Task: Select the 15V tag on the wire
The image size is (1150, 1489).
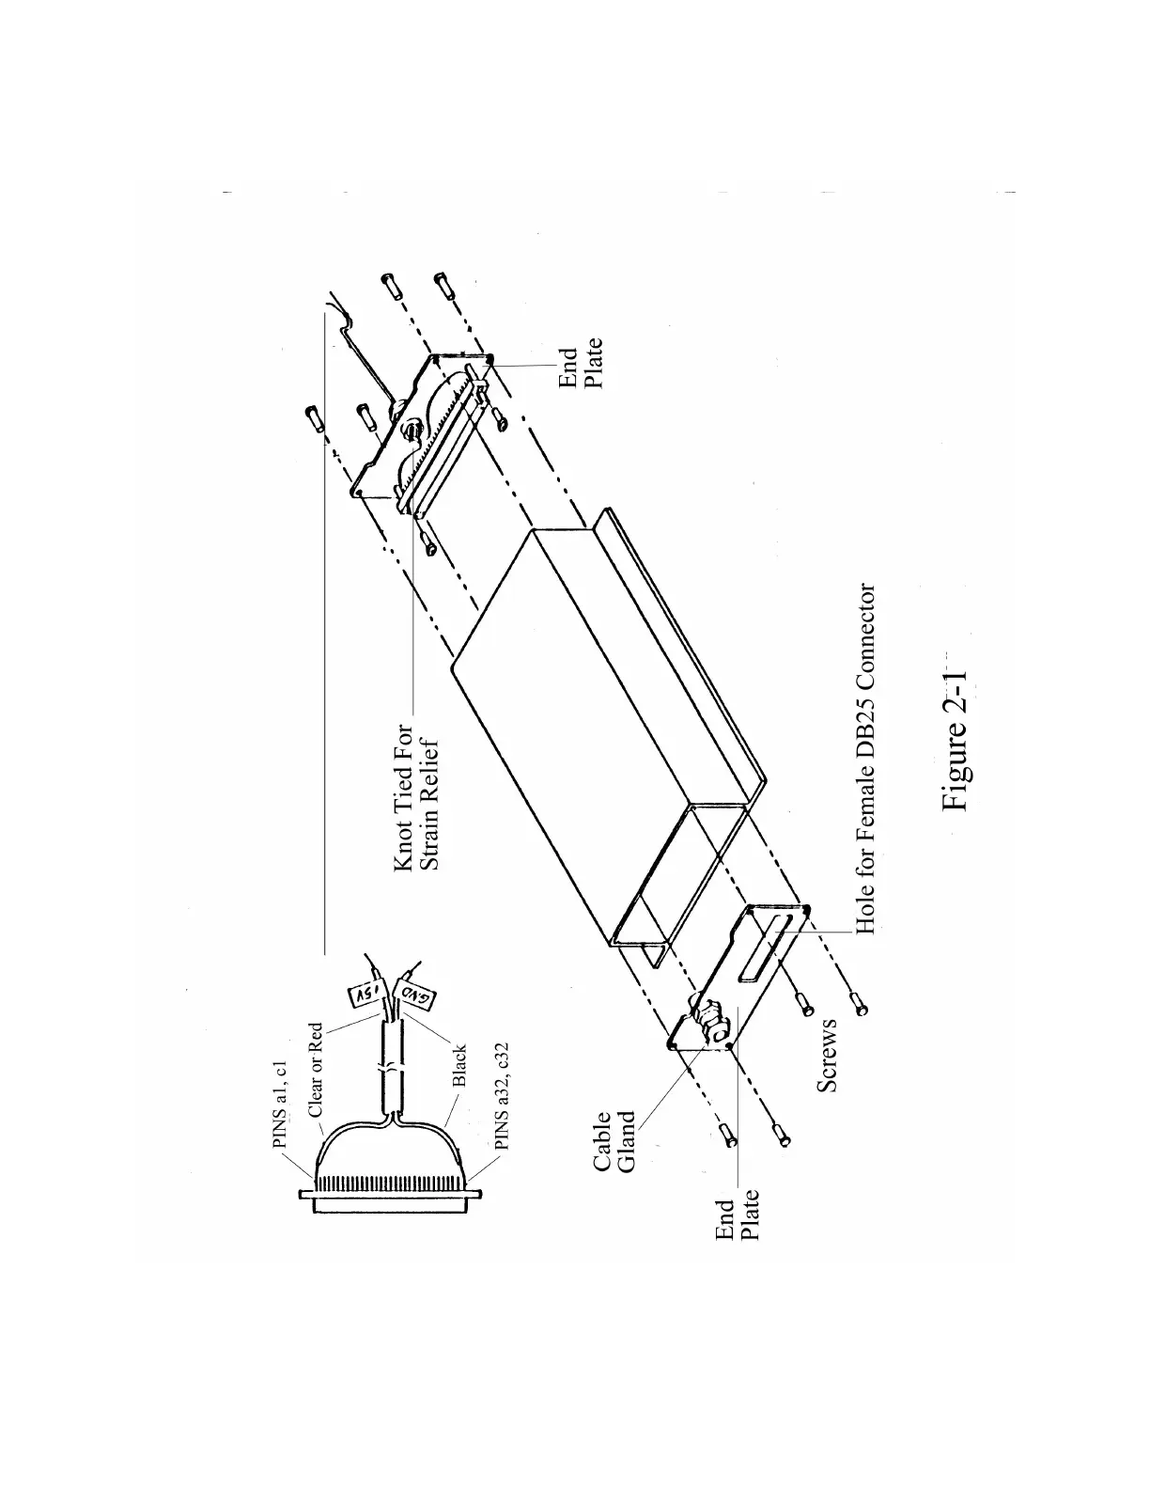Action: point(363,993)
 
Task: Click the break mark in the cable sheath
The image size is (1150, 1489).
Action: point(388,1072)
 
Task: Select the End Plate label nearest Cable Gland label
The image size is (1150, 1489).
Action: point(737,1219)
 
